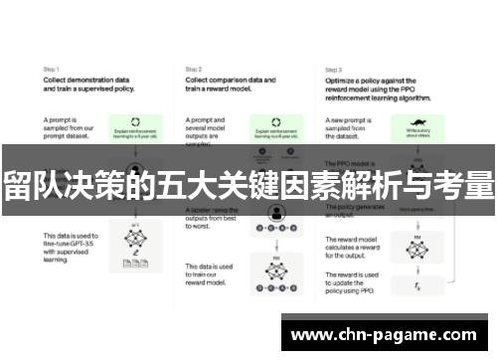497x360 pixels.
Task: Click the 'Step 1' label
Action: [x=52, y=69]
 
